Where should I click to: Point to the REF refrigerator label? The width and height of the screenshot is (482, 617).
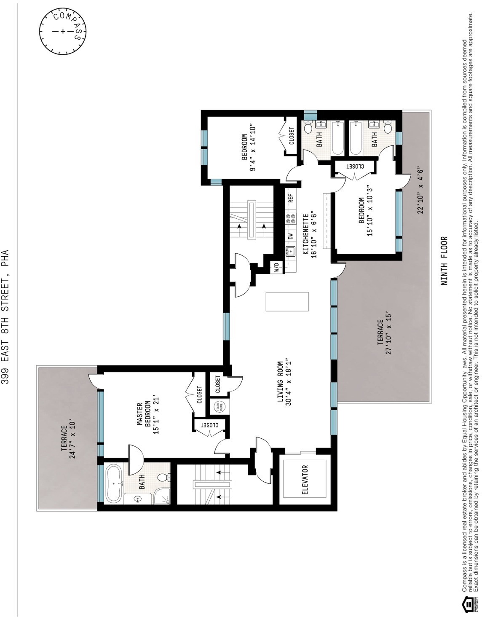[x=290, y=198]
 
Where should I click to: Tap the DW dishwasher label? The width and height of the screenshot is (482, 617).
[x=290, y=236]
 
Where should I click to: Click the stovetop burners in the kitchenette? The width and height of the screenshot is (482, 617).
[x=290, y=218]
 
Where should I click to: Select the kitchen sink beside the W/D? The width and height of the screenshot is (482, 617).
[x=290, y=252]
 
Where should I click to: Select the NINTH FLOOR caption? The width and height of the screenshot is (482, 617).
[x=445, y=261]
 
